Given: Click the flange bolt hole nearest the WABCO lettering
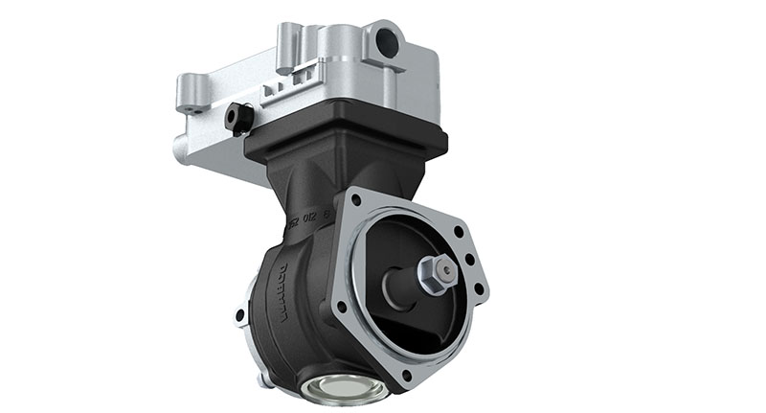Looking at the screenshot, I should (341, 309).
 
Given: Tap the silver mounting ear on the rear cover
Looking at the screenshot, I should (239, 313).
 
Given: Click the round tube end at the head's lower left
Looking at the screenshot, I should (180, 149).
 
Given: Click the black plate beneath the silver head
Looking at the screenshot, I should (345, 144).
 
